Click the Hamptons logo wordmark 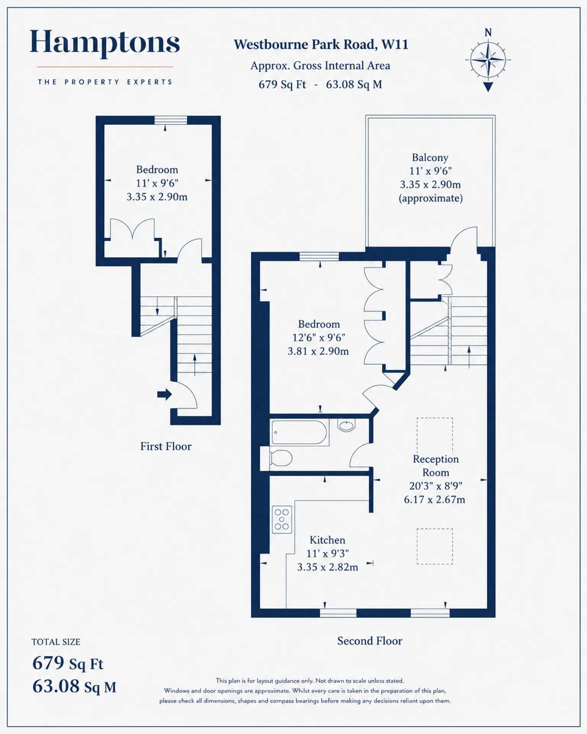105,43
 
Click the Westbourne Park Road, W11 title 321,44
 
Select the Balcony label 430,158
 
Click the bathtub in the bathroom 299,432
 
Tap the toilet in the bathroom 277,458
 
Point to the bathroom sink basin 346,425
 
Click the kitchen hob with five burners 282,520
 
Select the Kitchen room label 327,540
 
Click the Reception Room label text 436,466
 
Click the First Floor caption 166,446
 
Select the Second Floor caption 370,641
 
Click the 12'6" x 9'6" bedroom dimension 319,338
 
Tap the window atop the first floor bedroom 171,120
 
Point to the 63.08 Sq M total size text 74,686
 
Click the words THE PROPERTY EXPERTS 105,82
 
